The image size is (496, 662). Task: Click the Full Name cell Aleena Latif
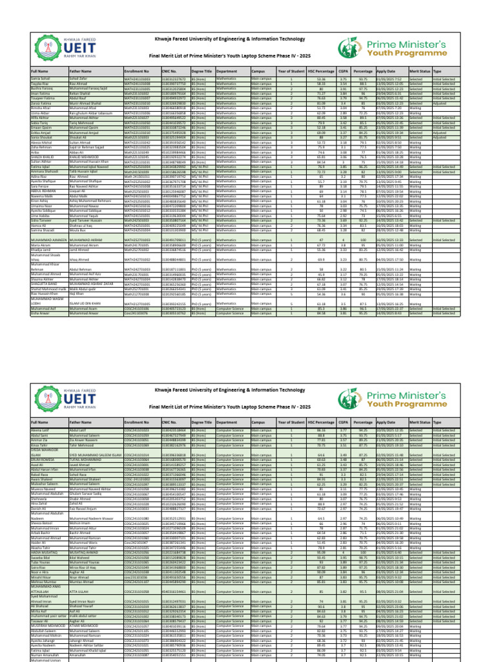[39, 429]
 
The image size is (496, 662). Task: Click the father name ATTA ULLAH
[80, 591]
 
